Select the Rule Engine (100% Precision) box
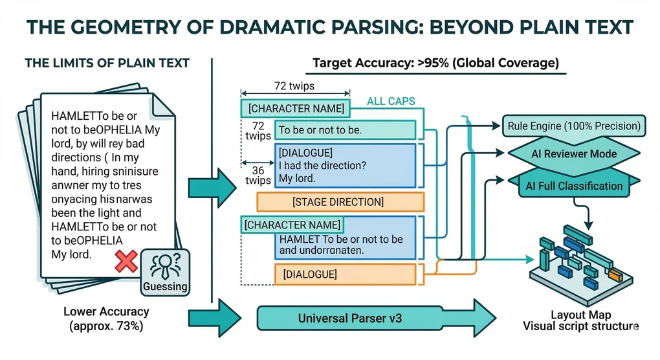575,126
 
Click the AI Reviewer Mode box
575,154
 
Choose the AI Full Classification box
575,186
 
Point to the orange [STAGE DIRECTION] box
338,202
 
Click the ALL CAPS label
391,102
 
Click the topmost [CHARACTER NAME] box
296,108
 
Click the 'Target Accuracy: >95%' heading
435,63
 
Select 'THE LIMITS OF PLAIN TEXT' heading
107,63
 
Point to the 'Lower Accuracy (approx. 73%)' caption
106,318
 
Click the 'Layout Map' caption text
580,314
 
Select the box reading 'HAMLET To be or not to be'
343,244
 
